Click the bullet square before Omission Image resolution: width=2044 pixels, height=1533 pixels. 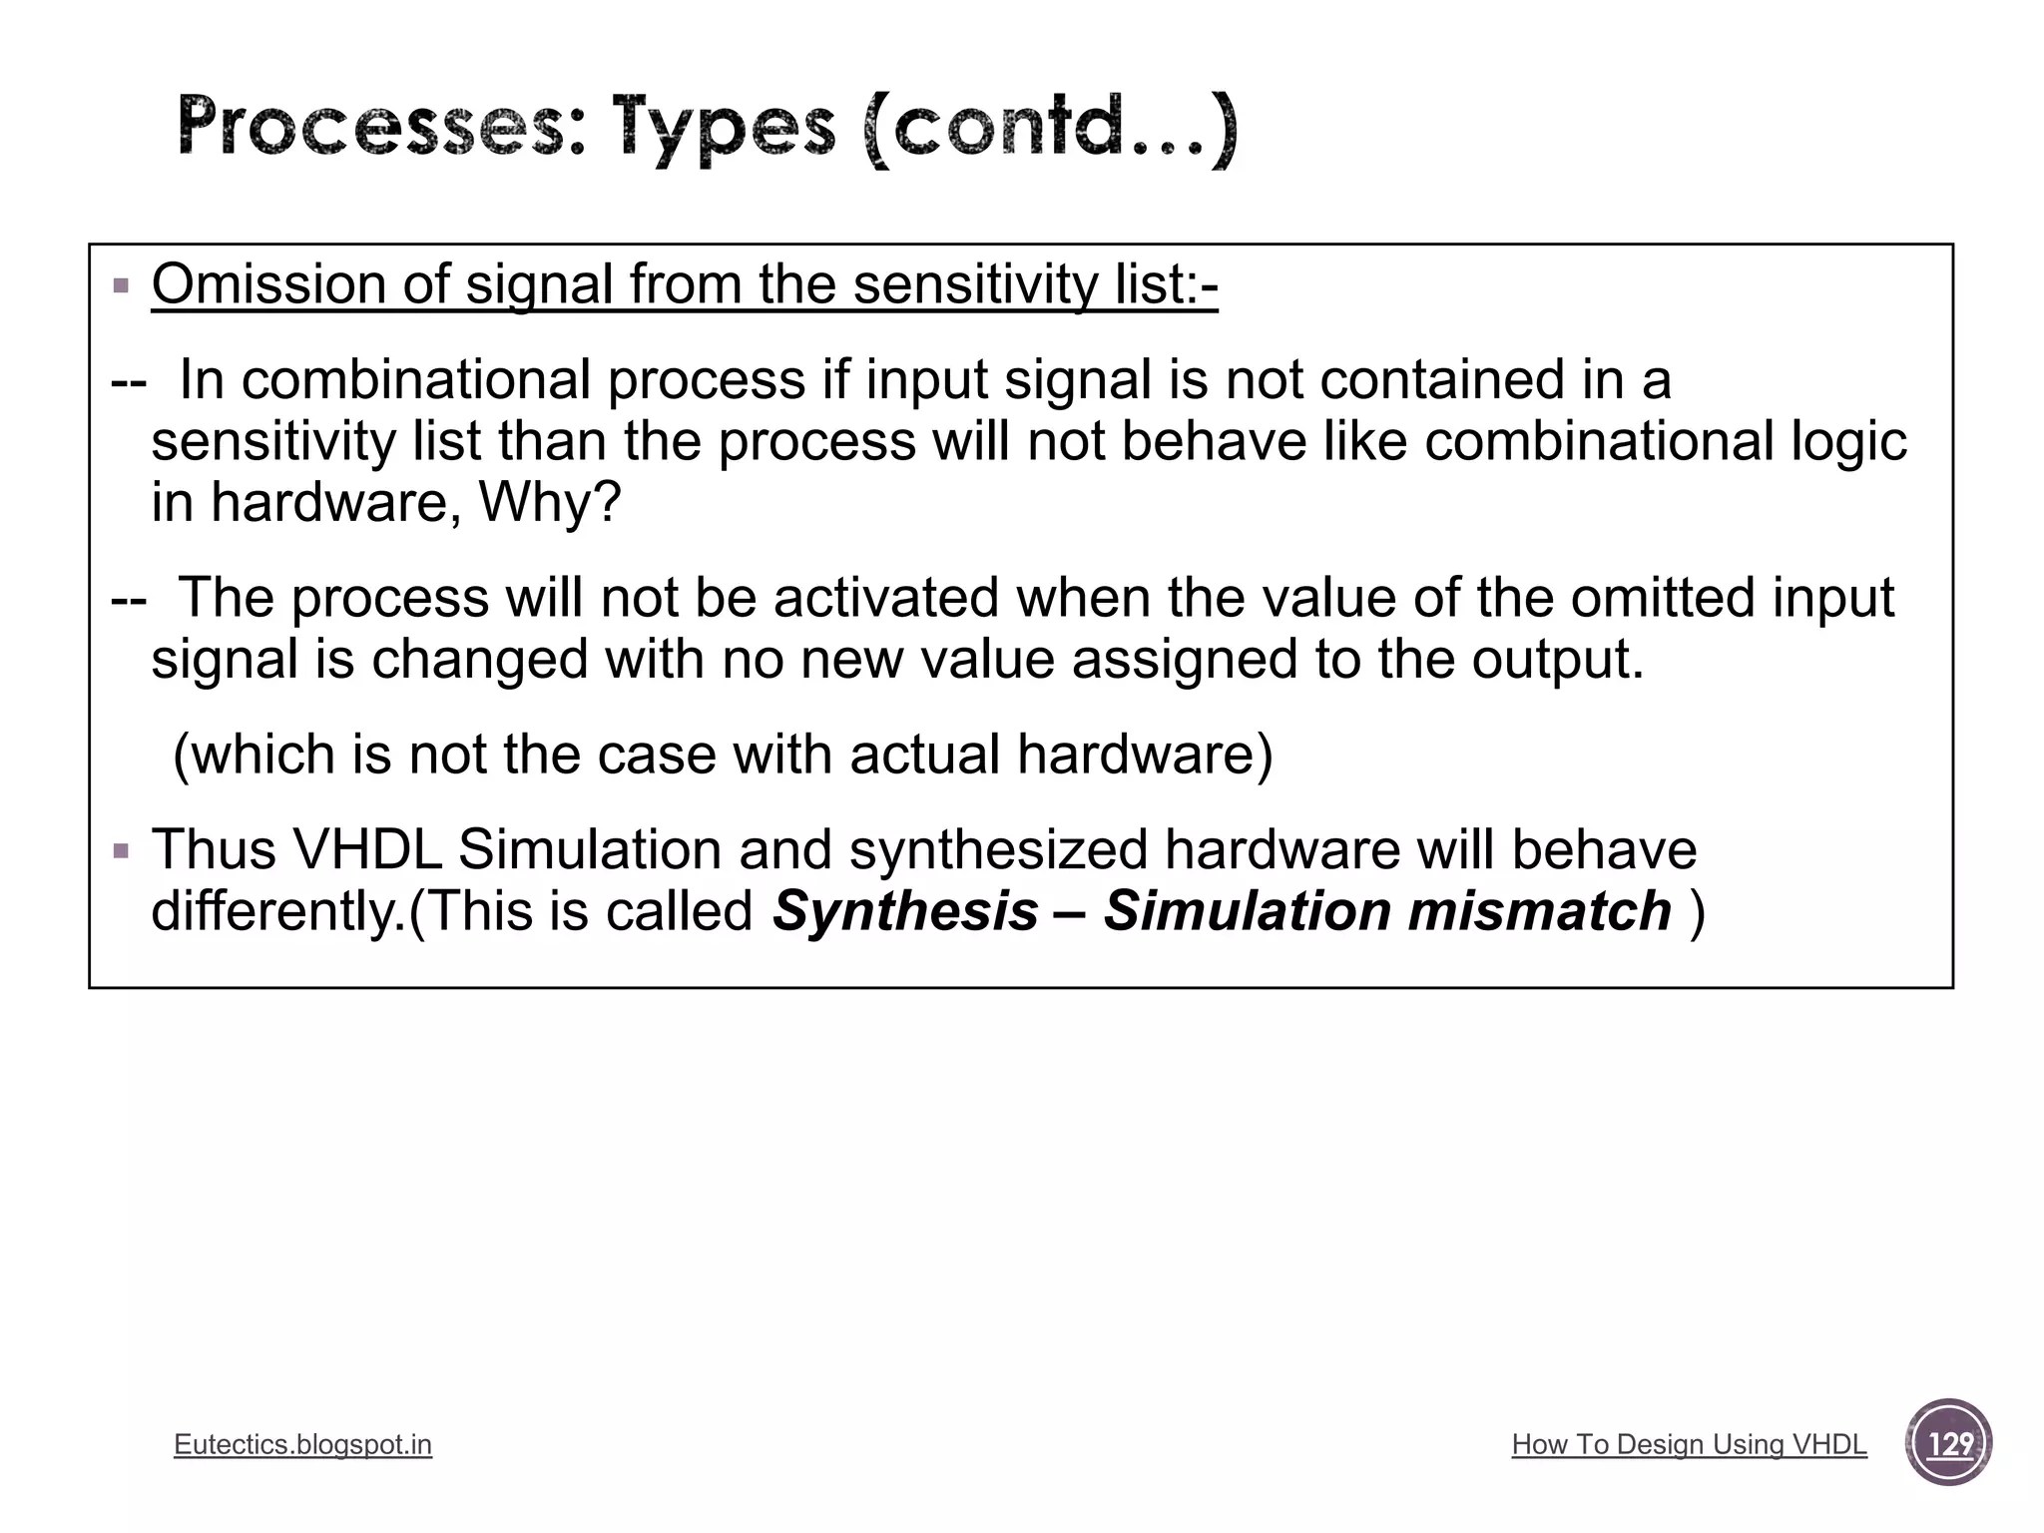point(122,286)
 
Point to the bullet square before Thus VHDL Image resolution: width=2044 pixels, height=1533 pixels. point(122,851)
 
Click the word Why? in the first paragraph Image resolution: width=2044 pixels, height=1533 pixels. point(550,502)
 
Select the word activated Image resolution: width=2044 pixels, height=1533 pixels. point(886,598)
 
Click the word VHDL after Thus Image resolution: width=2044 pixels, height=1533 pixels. point(366,850)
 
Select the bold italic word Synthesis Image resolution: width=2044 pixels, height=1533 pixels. point(905,912)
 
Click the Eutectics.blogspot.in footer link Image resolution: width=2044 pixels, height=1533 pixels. point(302,1444)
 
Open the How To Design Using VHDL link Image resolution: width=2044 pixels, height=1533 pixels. point(1689,1444)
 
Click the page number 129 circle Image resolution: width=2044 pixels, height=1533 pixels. point(1948,1443)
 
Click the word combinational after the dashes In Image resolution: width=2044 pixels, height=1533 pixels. point(416,380)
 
